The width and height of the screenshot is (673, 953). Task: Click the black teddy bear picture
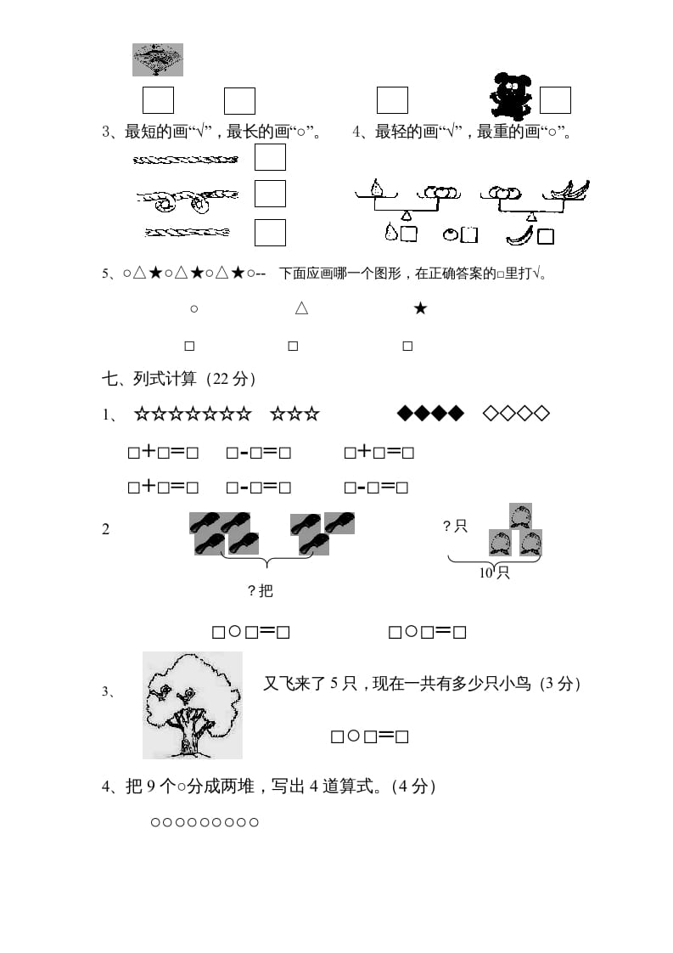click(510, 95)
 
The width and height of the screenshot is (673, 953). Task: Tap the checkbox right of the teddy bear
click(555, 100)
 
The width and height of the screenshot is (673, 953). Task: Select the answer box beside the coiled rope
click(270, 194)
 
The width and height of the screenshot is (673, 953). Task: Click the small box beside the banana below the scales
click(546, 236)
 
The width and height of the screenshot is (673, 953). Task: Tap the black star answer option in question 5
click(420, 309)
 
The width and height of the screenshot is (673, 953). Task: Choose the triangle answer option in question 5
click(301, 309)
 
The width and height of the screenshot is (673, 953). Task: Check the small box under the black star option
click(407, 346)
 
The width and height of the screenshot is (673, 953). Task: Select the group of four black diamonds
click(431, 414)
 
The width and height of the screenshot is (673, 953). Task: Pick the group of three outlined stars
click(294, 414)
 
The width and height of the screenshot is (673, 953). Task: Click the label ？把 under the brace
click(261, 590)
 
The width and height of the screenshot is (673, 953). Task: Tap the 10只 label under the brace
click(494, 572)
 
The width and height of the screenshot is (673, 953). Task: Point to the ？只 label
click(456, 527)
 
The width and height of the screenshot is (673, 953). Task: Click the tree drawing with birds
click(193, 705)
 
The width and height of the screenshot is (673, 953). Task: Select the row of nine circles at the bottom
click(205, 822)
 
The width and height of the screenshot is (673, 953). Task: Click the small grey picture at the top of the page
click(158, 59)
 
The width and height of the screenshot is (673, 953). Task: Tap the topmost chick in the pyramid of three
click(519, 516)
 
